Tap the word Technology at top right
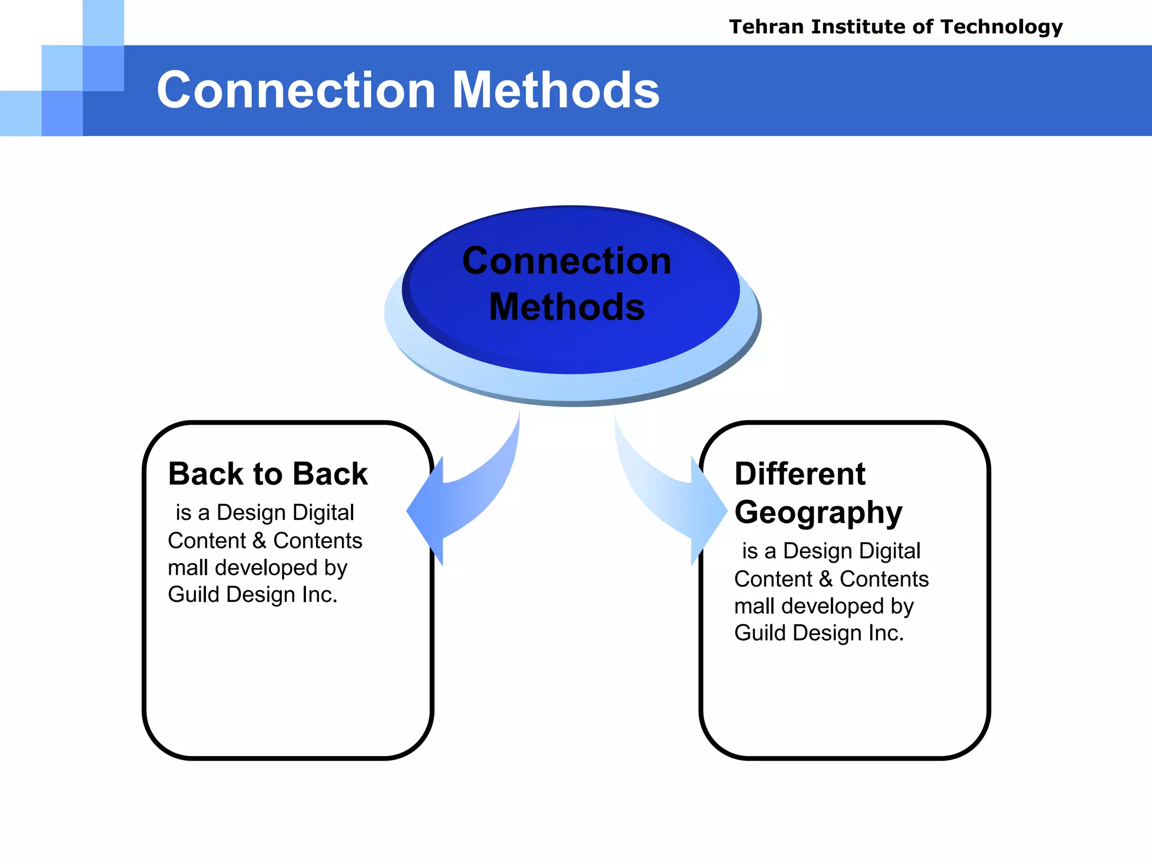[x=1001, y=27]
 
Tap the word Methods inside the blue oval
[x=566, y=307]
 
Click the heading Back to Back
[x=268, y=474]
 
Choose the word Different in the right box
[x=799, y=474]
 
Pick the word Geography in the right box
[x=818, y=513]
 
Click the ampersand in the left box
[x=259, y=541]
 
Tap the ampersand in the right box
[x=825, y=579]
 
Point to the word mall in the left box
[x=187, y=568]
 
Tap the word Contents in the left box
[x=318, y=541]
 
